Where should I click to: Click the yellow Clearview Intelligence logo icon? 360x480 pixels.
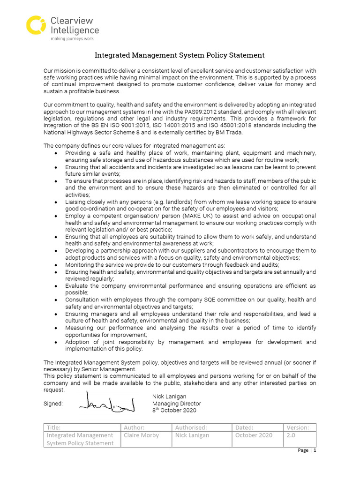point(36,25)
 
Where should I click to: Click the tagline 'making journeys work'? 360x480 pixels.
point(69,39)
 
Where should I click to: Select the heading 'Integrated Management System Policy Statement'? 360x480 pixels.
point(180,55)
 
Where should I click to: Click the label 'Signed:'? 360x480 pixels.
point(53,404)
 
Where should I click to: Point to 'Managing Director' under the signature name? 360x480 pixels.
point(176,404)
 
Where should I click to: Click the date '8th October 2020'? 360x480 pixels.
point(174,410)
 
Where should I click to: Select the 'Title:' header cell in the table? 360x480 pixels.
point(54,427)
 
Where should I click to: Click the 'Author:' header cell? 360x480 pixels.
point(134,427)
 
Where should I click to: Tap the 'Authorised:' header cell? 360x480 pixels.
point(191,427)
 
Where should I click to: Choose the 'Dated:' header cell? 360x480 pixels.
point(244,427)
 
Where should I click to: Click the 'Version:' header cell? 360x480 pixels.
point(298,427)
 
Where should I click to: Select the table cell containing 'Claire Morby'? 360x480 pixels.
point(141,435)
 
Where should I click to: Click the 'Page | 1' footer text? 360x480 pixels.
point(307,450)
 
